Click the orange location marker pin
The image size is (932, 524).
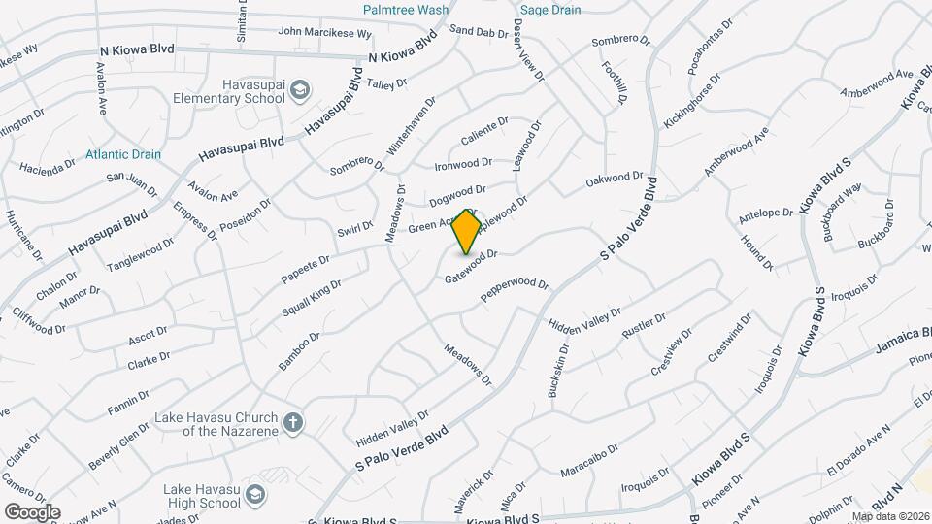click(x=467, y=231)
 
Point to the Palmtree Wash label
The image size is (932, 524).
click(x=406, y=10)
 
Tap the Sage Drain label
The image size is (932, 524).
click(x=550, y=10)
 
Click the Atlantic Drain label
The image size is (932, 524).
click(x=123, y=154)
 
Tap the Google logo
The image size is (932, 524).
click(x=32, y=511)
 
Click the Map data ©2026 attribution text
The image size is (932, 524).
click(x=889, y=516)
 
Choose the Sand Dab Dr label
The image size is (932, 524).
click(x=480, y=32)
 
